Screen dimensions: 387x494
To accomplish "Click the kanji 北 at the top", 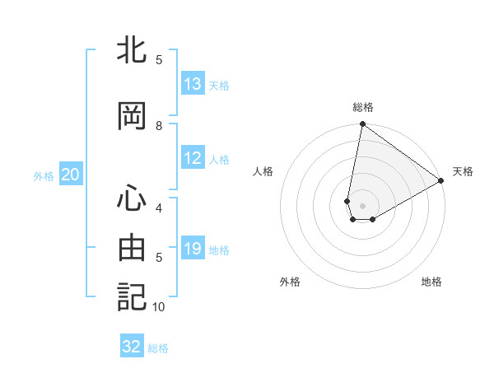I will point(132,51).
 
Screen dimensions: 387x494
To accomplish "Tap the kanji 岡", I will point(132,117).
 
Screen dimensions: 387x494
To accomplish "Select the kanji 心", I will point(132,198).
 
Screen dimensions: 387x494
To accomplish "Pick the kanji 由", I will point(132,248).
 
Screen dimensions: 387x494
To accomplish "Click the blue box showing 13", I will point(193,84).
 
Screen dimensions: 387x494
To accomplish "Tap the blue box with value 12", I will point(193,158).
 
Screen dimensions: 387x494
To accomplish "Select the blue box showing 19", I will point(193,249).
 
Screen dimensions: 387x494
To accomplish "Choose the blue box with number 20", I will point(71,175).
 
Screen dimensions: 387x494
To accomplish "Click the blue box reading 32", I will point(132,347).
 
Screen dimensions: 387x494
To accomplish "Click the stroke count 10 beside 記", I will point(159,307).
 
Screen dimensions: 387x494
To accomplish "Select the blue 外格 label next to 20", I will point(44,175).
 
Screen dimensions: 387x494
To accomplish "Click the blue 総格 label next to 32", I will point(158,348).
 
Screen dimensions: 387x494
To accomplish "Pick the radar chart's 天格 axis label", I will point(463,171).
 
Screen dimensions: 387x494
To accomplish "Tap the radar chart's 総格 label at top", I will point(363,107).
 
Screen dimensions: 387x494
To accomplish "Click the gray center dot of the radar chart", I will point(363,205).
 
